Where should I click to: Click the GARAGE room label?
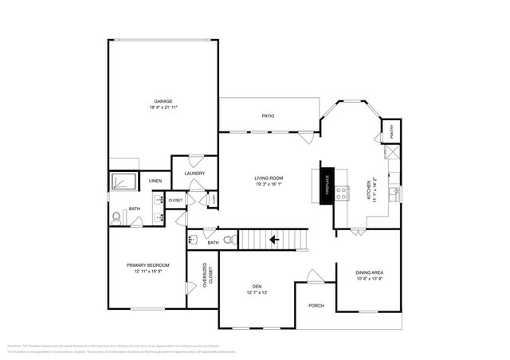pyautogui.click(x=163, y=101)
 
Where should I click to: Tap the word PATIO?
pyautogui.click(x=269, y=116)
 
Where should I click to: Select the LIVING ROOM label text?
pyautogui.click(x=269, y=178)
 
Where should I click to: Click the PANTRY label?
pyautogui.click(x=391, y=129)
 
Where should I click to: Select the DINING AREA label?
pyautogui.click(x=369, y=273)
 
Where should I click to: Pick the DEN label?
pyautogui.click(x=257, y=287)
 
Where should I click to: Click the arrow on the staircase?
pyautogui.click(x=274, y=238)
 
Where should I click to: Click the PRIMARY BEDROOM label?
pyautogui.click(x=144, y=265)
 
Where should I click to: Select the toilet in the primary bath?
pyautogui.click(x=116, y=215)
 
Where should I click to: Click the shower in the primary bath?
pyautogui.click(x=124, y=182)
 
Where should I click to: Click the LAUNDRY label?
pyautogui.click(x=194, y=173)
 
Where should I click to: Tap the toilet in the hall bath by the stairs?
pyautogui.click(x=230, y=239)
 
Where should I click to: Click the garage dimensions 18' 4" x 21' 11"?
pyautogui.click(x=163, y=108)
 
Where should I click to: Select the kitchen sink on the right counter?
pyautogui.click(x=394, y=191)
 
